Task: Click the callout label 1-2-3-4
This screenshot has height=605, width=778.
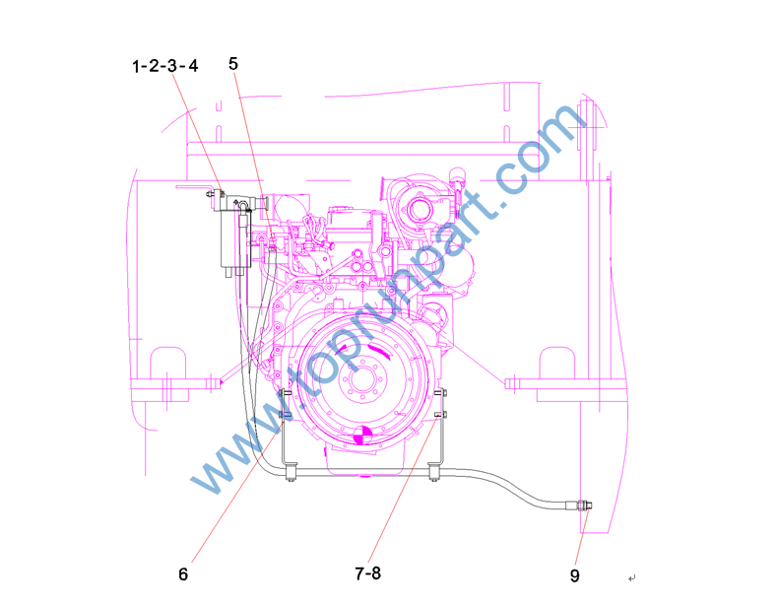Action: (164, 66)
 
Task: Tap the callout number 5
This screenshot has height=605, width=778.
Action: (233, 63)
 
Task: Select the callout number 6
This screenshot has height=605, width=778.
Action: (183, 574)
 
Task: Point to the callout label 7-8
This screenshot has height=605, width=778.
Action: (367, 573)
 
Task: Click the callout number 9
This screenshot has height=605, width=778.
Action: (574, 575)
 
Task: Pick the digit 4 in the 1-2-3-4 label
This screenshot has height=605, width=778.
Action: (193, 65)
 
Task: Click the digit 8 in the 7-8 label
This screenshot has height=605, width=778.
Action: (375, 573)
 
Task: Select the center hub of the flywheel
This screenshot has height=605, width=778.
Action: (365, 380)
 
